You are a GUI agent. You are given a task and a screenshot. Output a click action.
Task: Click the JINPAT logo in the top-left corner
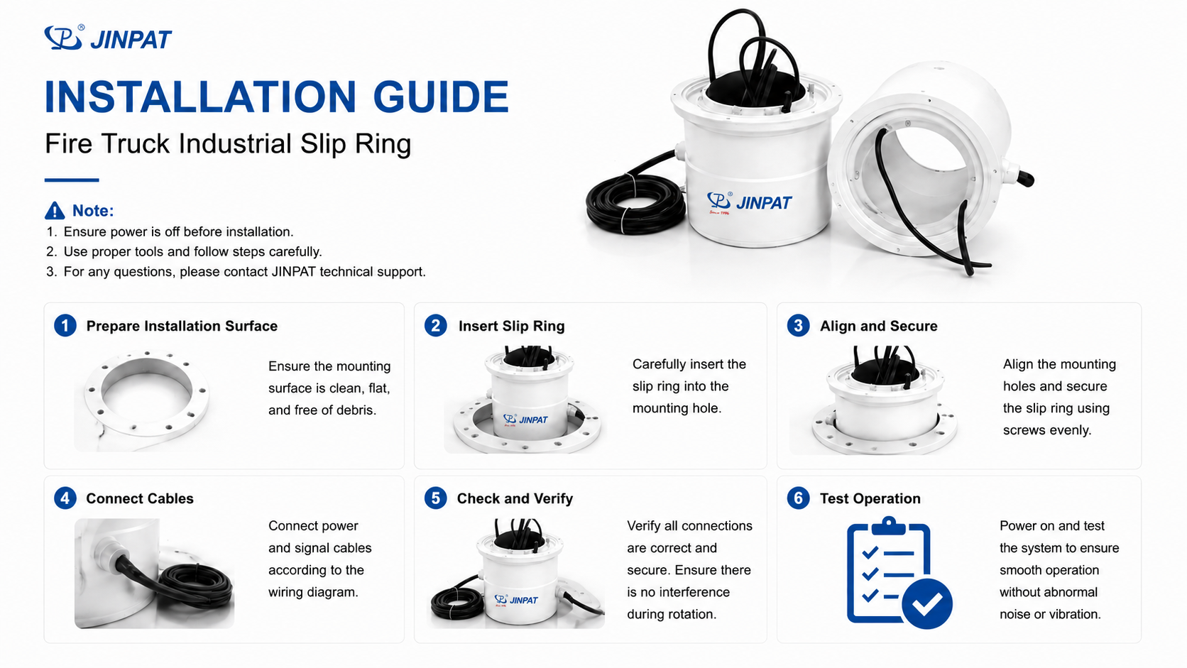point(108,38)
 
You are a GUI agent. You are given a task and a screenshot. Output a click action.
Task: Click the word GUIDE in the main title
point(441,97)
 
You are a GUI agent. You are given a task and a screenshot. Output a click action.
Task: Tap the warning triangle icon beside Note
point(55,210)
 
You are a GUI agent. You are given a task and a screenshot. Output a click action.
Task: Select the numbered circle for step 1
point(65,326)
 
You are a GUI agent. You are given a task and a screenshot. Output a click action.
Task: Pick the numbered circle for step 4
point(65,498)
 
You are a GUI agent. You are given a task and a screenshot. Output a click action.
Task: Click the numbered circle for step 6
point(798,498)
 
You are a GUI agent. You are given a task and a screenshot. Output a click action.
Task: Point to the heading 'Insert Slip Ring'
point(511,326)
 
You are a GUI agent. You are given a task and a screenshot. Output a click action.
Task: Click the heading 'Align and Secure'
point(879,326)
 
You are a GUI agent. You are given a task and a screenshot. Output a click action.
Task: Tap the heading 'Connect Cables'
point(140,498)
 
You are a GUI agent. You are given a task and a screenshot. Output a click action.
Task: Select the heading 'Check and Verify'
point(515,498)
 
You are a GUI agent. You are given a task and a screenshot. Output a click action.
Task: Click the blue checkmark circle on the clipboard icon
point(927,603)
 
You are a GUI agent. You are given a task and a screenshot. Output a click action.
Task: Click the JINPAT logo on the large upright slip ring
point(749,202)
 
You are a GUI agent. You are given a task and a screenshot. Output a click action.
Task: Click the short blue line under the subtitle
point(72,180)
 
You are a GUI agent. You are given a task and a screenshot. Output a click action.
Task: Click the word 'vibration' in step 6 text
point(1075,614)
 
